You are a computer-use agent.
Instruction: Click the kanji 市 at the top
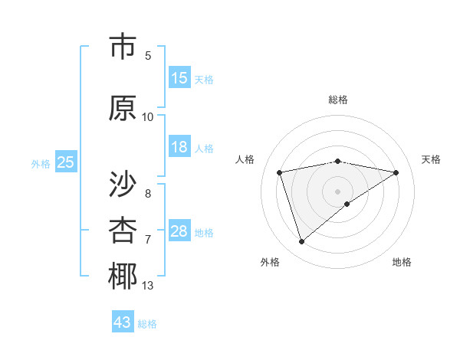coord(123,47)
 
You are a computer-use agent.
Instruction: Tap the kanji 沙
coord(123,183)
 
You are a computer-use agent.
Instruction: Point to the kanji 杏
coord(123,230)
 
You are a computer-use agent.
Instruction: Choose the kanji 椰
coord(123,277)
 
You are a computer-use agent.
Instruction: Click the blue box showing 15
coord(179,78)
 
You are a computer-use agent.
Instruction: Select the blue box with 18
coord(179,147)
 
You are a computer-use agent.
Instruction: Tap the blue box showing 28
coord(179,231)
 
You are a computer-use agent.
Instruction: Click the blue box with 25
coord(65,162)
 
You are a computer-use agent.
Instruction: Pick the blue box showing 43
coord(123,322)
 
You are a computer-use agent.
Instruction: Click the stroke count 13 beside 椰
coord(148,286)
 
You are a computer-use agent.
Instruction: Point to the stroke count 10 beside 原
coord(148,116)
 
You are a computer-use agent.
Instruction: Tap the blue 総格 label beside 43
coord(147,324)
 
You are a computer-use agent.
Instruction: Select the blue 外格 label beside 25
coord(41,163)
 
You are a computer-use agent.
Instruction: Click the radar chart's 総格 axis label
coord(337,100)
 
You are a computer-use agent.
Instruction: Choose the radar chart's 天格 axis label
coord(432,159)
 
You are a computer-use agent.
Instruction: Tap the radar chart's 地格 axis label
coord(402,262)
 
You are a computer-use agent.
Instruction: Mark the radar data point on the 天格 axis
coord(396,172)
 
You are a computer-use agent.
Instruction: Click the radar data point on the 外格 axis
coord(301,242)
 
